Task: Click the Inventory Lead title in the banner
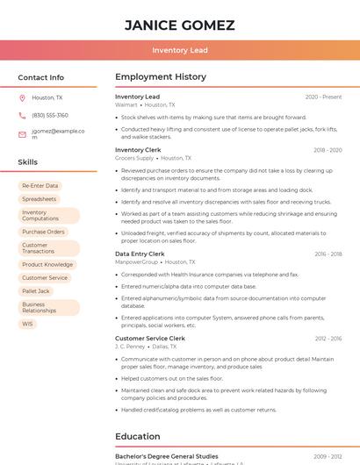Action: tap(179, 50)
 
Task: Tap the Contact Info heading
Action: tap(41, 77)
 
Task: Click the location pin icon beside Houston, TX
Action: tap(22, 98)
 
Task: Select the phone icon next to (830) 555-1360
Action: tap(22, 115)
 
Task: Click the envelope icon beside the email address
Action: tap(22, 134)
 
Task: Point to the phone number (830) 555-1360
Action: tap(50, 115)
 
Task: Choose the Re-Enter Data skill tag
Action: tap(40, 186)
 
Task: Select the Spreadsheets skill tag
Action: tap(40, 199)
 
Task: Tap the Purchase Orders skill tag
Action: tap(43, 232)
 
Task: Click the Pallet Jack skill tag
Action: tap(36, 290)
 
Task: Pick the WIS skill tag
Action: tap(28, 324)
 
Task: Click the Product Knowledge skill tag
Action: tap(47, 264)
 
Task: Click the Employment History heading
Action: tap(161, 77)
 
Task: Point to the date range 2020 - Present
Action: tap(323, 97)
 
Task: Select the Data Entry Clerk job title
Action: tap(140, 254)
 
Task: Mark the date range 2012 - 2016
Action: tap(327, 338)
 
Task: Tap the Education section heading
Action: tap(138, 436)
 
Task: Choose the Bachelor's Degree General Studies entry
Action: tap(167, 456)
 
